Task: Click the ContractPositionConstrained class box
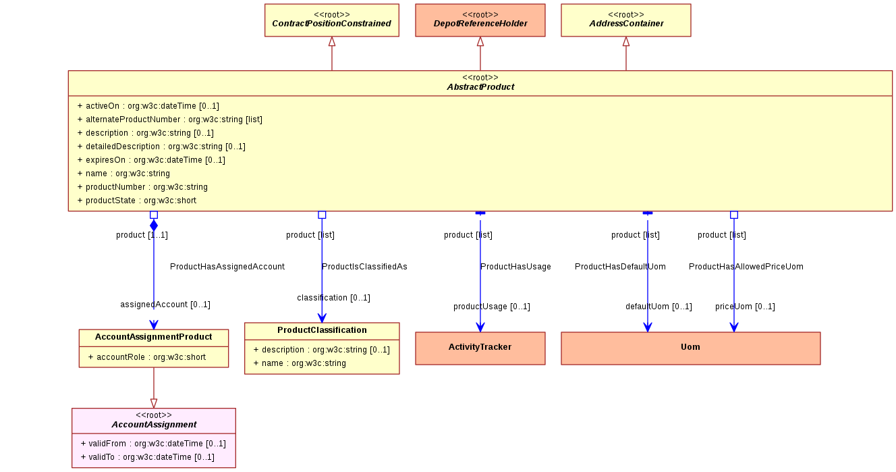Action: tap(331, 20)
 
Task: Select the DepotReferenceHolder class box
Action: tap(480, 20)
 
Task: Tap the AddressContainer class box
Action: tap(626, 20)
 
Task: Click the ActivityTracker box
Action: tap(480, 348)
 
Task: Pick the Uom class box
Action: tap(691, 348)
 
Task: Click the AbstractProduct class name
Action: tap(480, 87)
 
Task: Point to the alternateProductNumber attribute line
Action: tap(170, 120)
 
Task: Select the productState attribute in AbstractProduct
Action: tap(137, 200)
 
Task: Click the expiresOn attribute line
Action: tap(151, 160)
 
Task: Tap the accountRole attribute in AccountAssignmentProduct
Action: tap(147, 357)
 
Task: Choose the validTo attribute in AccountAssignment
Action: tap(148, 456)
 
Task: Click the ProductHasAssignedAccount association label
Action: tap(227, 267)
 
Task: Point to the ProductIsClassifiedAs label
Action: tap(364, 267)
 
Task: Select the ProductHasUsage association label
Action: tap(515, 267)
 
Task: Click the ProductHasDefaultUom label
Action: tap(620, 267)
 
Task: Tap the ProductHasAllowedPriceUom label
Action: tap(746, 267)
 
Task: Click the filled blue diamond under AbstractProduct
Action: tap(154, 226)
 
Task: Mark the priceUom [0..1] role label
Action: tap(745, 307)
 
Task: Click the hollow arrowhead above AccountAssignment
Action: tap(154, 403)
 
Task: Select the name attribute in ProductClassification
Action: tap(300, 363)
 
